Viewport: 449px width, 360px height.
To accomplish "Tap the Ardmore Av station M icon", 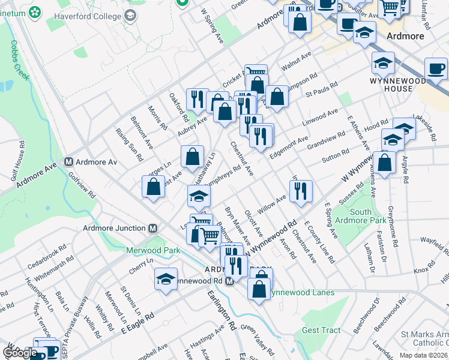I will (69, 162).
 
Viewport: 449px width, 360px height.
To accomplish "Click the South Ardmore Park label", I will (369, 217).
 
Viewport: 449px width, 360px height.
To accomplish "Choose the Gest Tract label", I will (321, 330).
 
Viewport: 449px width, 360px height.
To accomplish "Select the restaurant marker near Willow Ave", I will (300, 191).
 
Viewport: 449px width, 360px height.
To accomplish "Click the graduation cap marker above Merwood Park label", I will (199, 196).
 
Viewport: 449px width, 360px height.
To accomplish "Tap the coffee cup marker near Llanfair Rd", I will (436, 68).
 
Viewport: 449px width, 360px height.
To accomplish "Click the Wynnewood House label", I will (391, 85).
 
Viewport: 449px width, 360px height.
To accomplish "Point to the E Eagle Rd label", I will (139, 323).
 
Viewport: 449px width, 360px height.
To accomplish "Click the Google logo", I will (21, 353).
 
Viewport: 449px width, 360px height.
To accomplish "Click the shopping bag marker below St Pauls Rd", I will (277, 97).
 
